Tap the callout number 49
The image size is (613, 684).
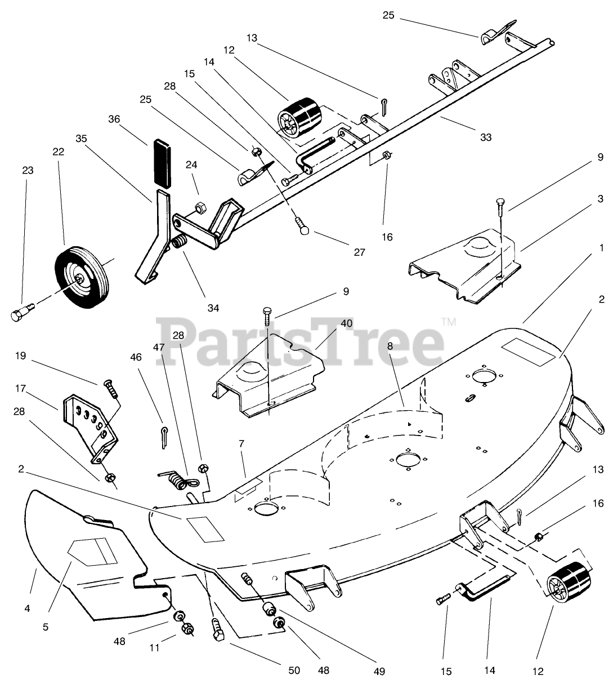point(379,670)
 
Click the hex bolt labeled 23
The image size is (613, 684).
point(22,312)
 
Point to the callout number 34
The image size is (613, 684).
point(213,308)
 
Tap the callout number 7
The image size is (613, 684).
point(241,445)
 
